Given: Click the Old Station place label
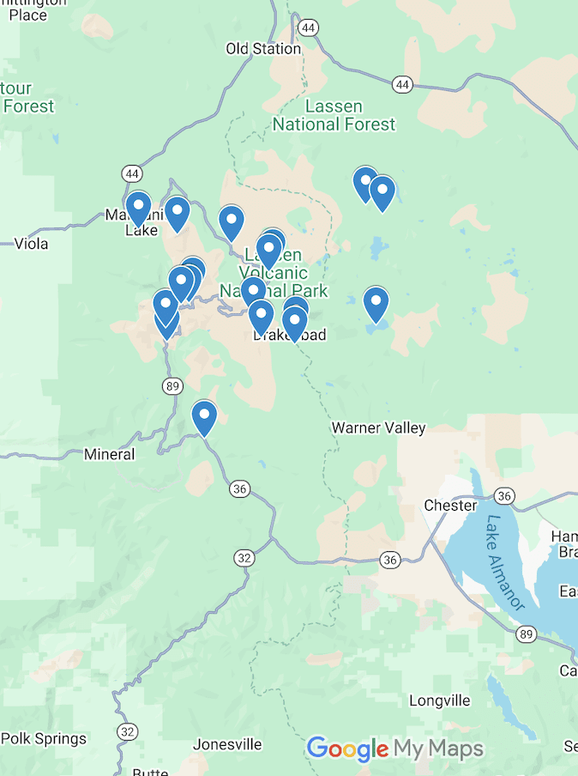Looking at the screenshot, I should pos(263,49).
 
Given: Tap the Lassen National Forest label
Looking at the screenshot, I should pos(334,116).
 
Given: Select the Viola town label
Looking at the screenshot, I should pos(31,244).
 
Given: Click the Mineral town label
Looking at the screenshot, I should pos(109,454).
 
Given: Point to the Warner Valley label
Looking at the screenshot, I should pos(378,427).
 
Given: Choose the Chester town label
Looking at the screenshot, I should pos(450,506).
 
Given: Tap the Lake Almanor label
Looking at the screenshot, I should pos(505,562).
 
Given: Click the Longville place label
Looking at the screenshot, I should pos(440,700).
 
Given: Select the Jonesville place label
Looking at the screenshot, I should pos(226,744).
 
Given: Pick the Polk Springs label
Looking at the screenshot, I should pos(43,738).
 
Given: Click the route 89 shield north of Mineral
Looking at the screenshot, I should pos(173,386).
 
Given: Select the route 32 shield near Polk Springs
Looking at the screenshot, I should pos(128,731).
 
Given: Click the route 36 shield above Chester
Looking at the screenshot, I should pos(505,496).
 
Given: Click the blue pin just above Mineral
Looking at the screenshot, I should pos(204,417).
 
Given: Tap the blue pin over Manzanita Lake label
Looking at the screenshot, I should pos(138,208).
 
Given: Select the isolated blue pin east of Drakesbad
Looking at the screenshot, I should pos(376,303).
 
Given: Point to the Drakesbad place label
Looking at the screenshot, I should pos(290,336).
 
